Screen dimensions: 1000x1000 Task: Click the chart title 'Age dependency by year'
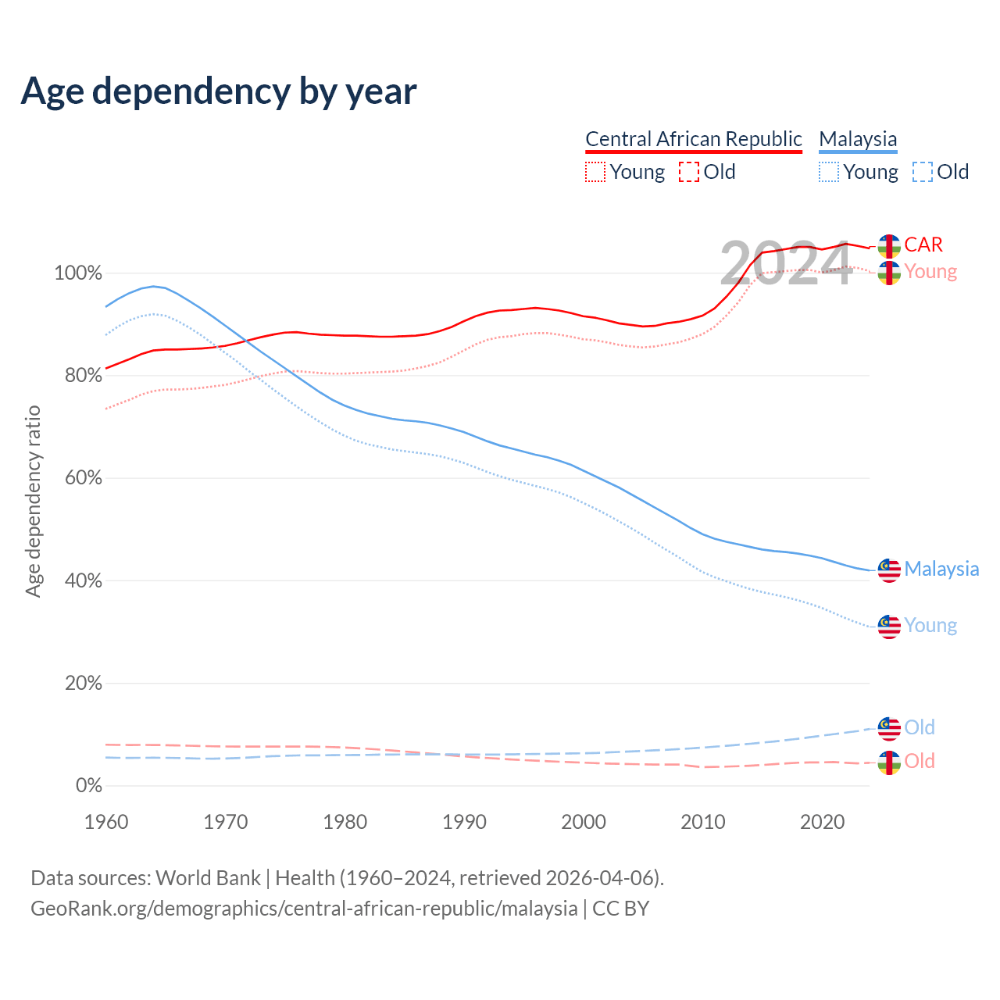(x=219, y=91)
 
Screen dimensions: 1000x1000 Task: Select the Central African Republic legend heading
(x=694, y=139)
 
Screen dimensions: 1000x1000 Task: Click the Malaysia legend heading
(x=858, y=139)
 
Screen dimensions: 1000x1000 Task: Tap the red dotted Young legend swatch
(x=595, y=172)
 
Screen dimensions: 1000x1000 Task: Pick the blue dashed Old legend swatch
(x=923, y=172)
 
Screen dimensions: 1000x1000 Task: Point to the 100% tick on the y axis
(x=78, y=273)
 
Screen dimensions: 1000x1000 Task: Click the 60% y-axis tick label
(x=84, y=478)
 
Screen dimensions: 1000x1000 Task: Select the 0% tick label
(x=89, y=786)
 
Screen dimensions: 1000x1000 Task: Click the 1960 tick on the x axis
(x=106, y=822)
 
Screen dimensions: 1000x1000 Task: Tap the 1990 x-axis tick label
(x=464, y=822)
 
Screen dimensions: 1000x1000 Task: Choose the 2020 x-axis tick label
(x=822, y=822)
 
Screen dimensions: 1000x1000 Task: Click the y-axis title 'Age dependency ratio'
(x=33, y=501)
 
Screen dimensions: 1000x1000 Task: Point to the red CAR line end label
(x=923, y=245)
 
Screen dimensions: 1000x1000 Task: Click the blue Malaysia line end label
(x=941, y=569)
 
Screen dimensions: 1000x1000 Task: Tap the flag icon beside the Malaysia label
(x=889, y=570)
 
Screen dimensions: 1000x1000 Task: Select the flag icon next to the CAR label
(x=889, y=246)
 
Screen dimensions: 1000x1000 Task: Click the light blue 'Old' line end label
(x=920, y=727)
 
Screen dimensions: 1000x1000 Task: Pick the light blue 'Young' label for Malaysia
(x=930, y=626)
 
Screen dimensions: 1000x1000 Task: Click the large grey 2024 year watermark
(x=785, y=264)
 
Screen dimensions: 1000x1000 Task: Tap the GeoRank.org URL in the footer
(x=304, y=909)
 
